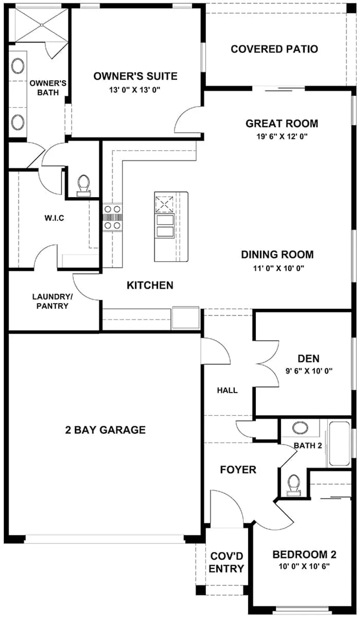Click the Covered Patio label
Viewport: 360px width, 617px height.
(274, 49)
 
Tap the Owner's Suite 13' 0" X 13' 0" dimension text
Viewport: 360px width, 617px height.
(135, 90)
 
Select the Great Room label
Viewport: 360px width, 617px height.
(282, 123)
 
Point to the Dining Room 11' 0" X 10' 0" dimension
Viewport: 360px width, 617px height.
(279, 268)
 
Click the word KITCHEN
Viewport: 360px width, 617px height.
(150, 285)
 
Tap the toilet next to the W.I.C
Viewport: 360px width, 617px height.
(84, 185)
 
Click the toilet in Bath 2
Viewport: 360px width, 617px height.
(293, 486)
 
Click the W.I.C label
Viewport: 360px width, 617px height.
(54, 218)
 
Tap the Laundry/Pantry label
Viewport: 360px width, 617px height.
(52, 301)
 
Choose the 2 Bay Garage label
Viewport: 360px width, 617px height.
(105, 430)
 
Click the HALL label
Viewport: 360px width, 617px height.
(227, 390)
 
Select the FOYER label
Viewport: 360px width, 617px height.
(238, 470)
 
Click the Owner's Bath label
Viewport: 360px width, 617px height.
(48, 88)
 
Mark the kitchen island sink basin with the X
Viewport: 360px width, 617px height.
(165, 204)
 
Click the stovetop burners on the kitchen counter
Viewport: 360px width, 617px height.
(113, 217)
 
